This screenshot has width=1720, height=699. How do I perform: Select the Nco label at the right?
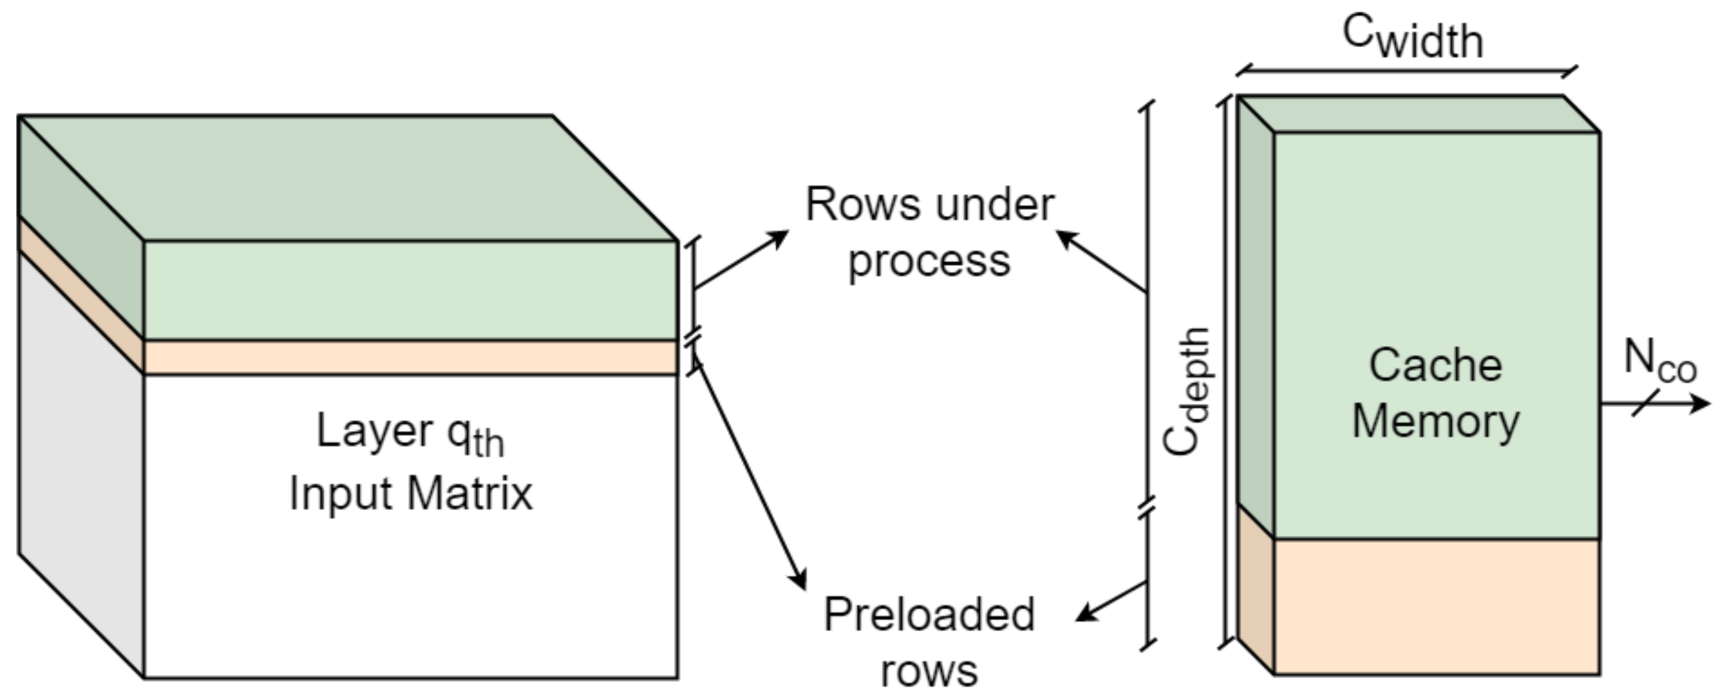[1659, 362]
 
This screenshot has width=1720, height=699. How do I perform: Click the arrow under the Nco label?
[1656, 403]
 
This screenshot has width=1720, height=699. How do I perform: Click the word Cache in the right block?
[1436, 366]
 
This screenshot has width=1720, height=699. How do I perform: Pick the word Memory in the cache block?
[1436, 422]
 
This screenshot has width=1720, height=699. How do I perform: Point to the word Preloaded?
[929, 614]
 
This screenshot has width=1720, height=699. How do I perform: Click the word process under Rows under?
[929, 262]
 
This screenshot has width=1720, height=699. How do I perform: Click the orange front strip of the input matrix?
[410, 358]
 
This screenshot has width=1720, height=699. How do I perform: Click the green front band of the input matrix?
[410, 290]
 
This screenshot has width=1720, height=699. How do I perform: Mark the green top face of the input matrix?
[347, 177]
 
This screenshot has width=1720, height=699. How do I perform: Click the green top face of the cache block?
[1415, 114]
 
